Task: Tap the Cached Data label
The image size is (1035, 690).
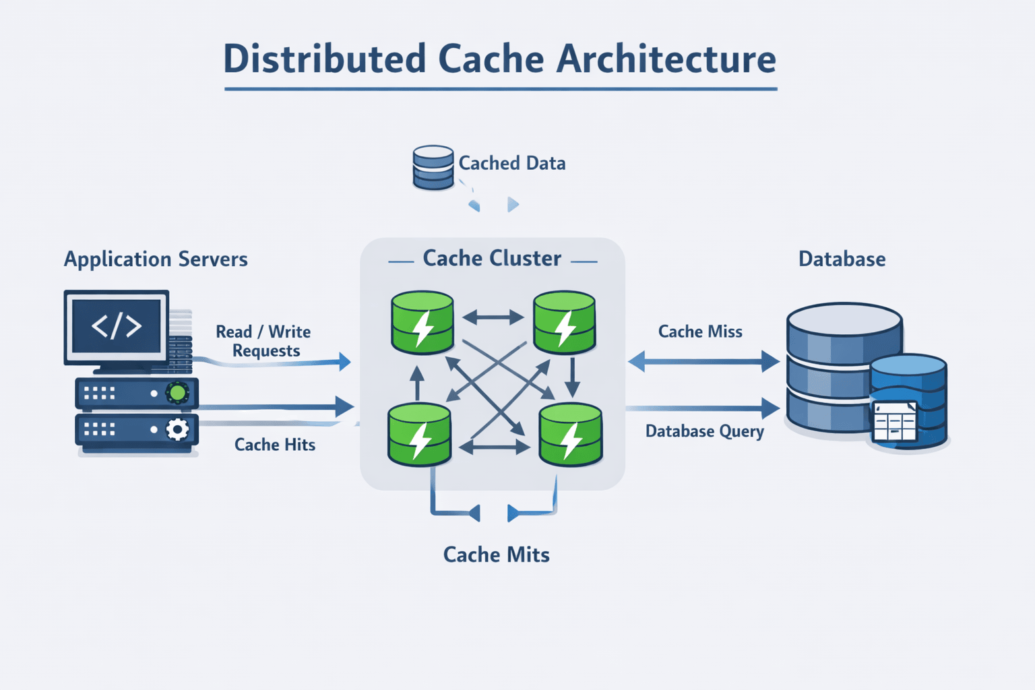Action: [x=512, y=163]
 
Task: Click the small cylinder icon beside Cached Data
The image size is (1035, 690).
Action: [x=433, y=167]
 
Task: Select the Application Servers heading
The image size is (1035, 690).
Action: [x=156, y=259]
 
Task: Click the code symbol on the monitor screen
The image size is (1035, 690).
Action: [x=117, y=326]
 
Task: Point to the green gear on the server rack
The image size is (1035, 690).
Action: [x=177, y=392]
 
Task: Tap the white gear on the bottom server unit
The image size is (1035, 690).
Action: [x=177, y=429]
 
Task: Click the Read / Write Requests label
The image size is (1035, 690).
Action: [x=263, y=341]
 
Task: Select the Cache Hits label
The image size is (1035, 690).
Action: [x=275, y=445]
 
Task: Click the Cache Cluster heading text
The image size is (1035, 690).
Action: [x=492, y=259]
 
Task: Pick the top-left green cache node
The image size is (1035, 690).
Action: [x=422, y=323]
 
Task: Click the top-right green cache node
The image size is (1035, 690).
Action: [x=564, y=323]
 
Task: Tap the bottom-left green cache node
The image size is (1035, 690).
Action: [x=419, y=435]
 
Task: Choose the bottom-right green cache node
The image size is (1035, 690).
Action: [x=570, y=435]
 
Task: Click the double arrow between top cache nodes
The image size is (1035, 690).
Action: [x=493, y=317]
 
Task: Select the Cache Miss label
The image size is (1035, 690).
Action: [x=700, y=332]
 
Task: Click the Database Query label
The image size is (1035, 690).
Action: [x=704, y=431]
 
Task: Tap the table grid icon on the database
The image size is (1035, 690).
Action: [x=894, y=422]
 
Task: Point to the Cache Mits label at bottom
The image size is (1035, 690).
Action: [x=496, y=555]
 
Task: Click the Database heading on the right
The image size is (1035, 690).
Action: [x=842, y=259]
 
